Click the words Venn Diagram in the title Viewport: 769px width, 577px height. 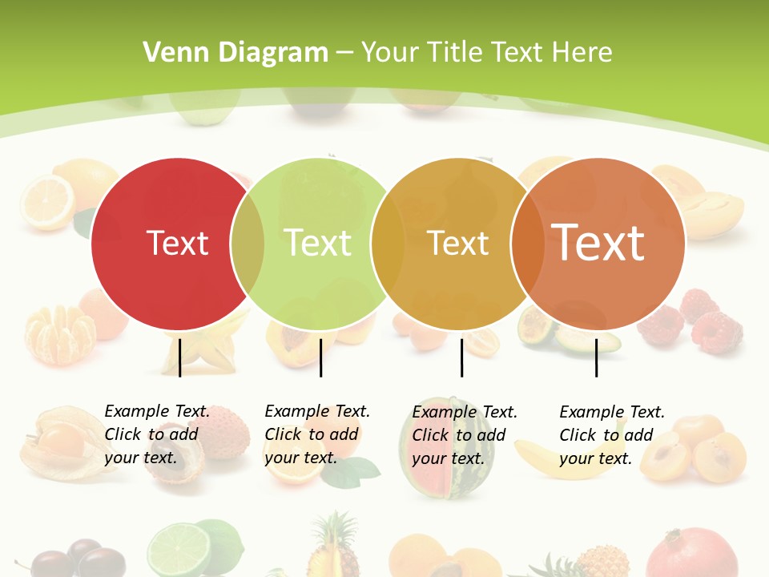coord(236,53)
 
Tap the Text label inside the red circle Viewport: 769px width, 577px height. coord(177,243)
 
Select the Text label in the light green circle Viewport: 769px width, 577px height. coord(318,243)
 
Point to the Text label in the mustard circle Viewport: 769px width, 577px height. coord(458,243)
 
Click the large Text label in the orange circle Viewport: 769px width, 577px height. coord(598,242)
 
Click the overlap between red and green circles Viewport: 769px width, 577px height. coord(248,243)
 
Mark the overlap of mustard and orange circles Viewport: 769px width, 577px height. coord(528,243)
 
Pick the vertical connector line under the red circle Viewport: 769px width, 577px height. coord(180,357)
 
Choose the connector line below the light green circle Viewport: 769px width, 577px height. coord(320,357)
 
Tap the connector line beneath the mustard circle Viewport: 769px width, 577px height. coord(461,357)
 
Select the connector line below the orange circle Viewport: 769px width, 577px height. coord(596,357)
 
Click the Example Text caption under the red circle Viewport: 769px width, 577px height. coord(157,434)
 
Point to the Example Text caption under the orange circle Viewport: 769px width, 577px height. coord(612,435)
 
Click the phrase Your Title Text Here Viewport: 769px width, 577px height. coord(486,53)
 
